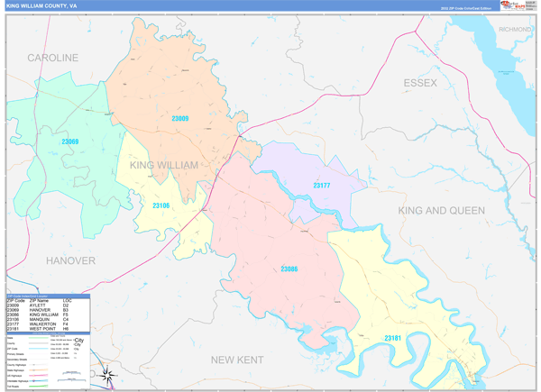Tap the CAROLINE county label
52,58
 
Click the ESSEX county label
419,83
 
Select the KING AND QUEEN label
442,210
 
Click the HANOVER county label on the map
70,260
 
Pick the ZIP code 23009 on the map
180,118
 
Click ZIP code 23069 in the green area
69,141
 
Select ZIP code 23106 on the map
161,206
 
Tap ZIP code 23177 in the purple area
322,185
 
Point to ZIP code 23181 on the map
393,338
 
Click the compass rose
106,375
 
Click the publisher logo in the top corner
518,5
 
